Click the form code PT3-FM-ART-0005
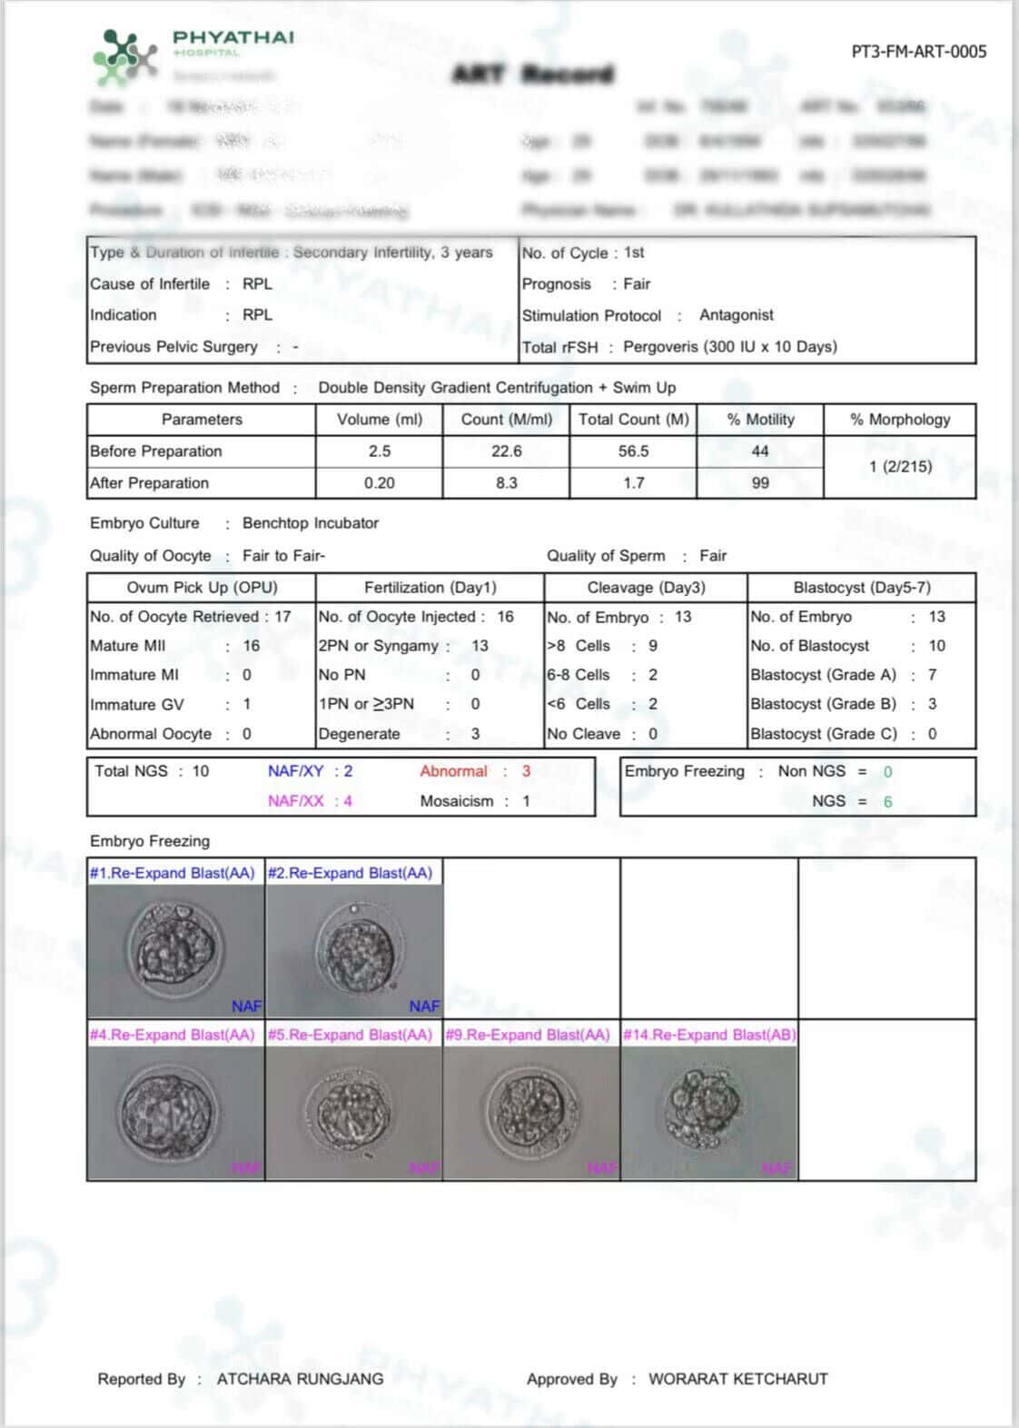coord(918,52)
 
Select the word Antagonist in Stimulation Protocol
coord(736,315)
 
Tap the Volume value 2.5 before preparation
coord(379,451)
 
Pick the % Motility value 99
coord(760,483)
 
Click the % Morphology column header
coord(899,420)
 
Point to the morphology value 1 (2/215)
coord(899,467)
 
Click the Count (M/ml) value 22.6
coord(506,451)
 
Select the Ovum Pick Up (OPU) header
coord(202,588)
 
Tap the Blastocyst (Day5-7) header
coord(861,588)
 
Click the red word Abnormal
coord(453,771)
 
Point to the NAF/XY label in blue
coord(295,771)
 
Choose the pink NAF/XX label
coord(295,801)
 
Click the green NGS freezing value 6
coord(887,801)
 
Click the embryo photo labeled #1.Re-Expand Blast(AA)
coord(176,950)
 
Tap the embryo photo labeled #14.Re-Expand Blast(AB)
coord(709,1111)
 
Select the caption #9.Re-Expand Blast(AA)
coord(528,1035)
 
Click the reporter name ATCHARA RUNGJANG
coord(300,1379)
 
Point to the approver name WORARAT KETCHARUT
coord(737,1379)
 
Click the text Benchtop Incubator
coord(311,523)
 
